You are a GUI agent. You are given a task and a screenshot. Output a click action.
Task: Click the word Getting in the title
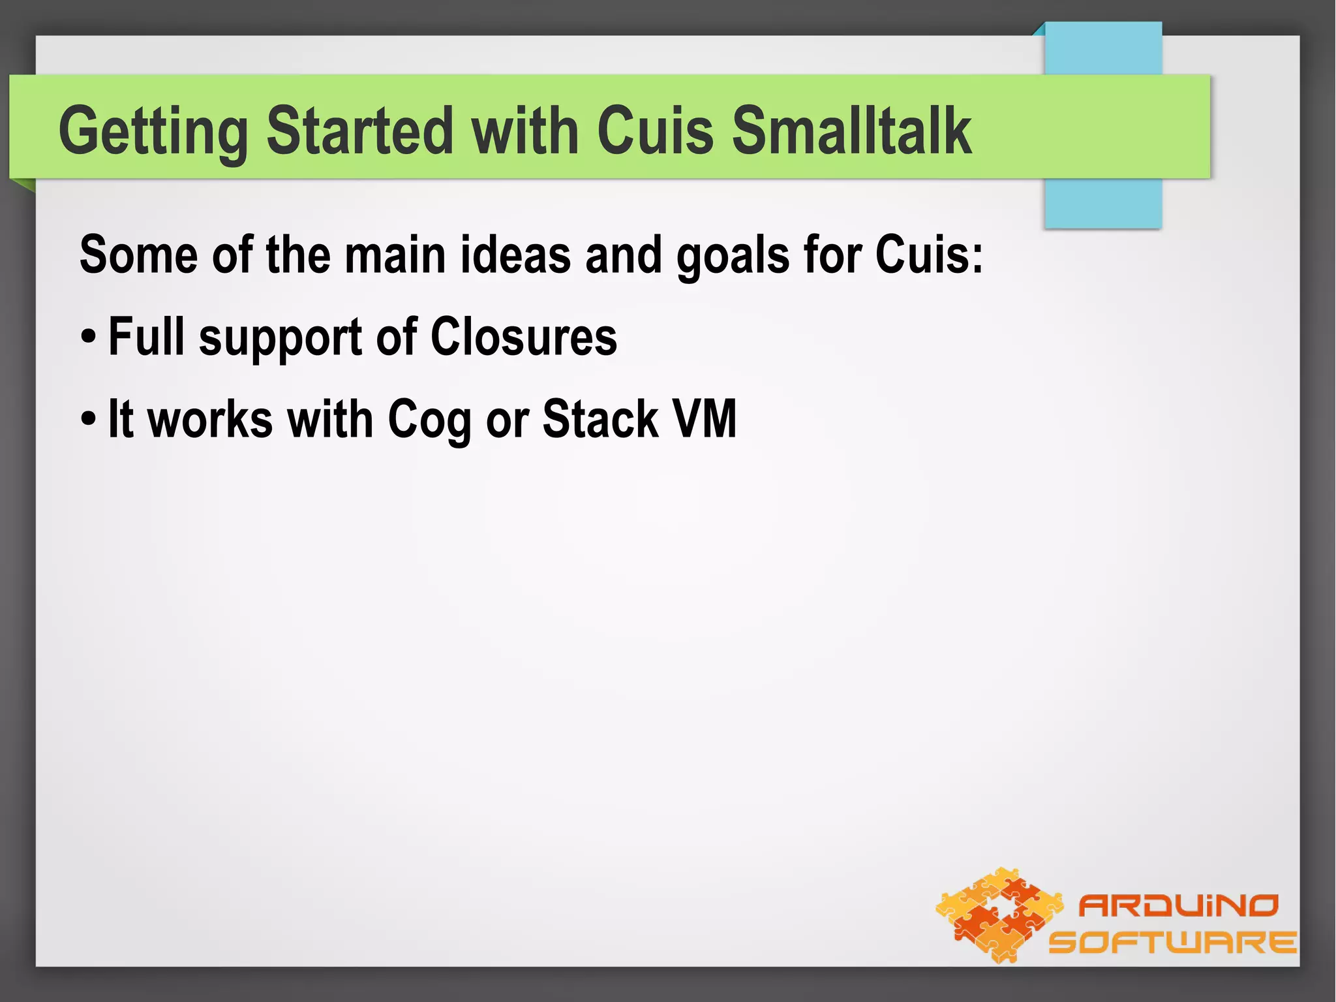tap(153, 132)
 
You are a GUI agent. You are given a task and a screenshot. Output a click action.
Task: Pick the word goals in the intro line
tap(733, 256)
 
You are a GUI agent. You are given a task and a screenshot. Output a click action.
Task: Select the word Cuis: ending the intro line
tap(928, 255)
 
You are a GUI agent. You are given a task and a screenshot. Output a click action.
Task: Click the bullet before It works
tap(89, 420)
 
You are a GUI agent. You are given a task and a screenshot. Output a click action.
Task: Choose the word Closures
tap(523, 337)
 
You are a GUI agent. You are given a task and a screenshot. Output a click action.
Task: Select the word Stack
tap(600, 419)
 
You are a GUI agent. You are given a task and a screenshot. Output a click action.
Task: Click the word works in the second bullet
tap(210, 419)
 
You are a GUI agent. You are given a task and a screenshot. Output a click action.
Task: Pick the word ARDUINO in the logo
tap(1178, 905)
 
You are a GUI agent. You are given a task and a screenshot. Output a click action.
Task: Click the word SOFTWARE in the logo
tap(1172, 942)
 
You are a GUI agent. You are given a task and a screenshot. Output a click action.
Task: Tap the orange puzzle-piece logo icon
tap(999, 914)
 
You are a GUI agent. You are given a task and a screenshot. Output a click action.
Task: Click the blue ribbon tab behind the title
tap(1103, 202)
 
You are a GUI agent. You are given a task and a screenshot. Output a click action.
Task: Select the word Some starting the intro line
tap(138, 255)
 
